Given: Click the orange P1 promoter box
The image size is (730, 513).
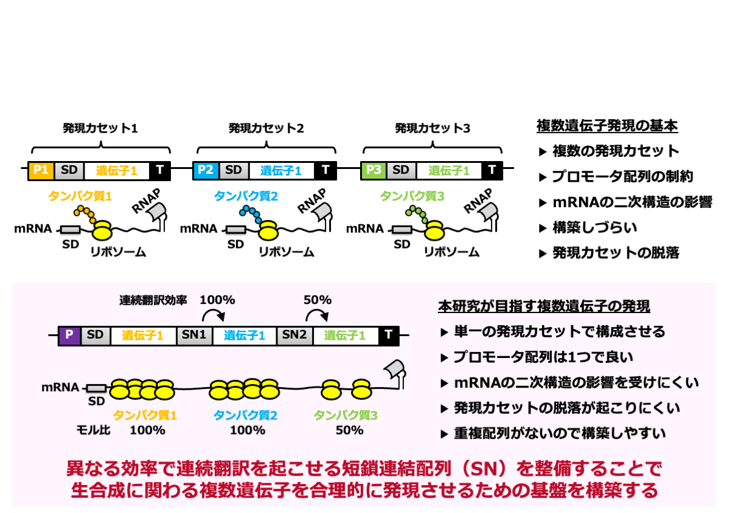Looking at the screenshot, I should (41, 170).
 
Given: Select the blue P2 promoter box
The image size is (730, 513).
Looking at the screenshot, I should (205, 170).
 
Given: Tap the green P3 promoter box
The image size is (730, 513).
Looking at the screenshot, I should (373, 170).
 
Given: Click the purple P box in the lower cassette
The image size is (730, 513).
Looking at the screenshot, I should (69, 335).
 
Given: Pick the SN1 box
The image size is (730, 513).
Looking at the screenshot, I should (194, 335).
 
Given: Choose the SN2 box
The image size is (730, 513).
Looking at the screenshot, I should (294, 335).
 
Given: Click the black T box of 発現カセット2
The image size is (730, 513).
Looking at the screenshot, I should (325, 170).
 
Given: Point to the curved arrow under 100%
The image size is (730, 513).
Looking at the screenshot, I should (214, 314).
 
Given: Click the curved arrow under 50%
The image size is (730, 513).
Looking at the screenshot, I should (317, 314).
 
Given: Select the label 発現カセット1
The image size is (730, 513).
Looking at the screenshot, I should (100, 128).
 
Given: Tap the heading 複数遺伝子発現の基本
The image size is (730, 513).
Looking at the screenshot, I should (607, 126).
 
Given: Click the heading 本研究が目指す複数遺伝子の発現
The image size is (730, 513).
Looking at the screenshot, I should (544, 306).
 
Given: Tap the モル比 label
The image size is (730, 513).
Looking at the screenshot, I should (93, 430).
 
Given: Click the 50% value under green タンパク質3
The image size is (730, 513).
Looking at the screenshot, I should (349, 430).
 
